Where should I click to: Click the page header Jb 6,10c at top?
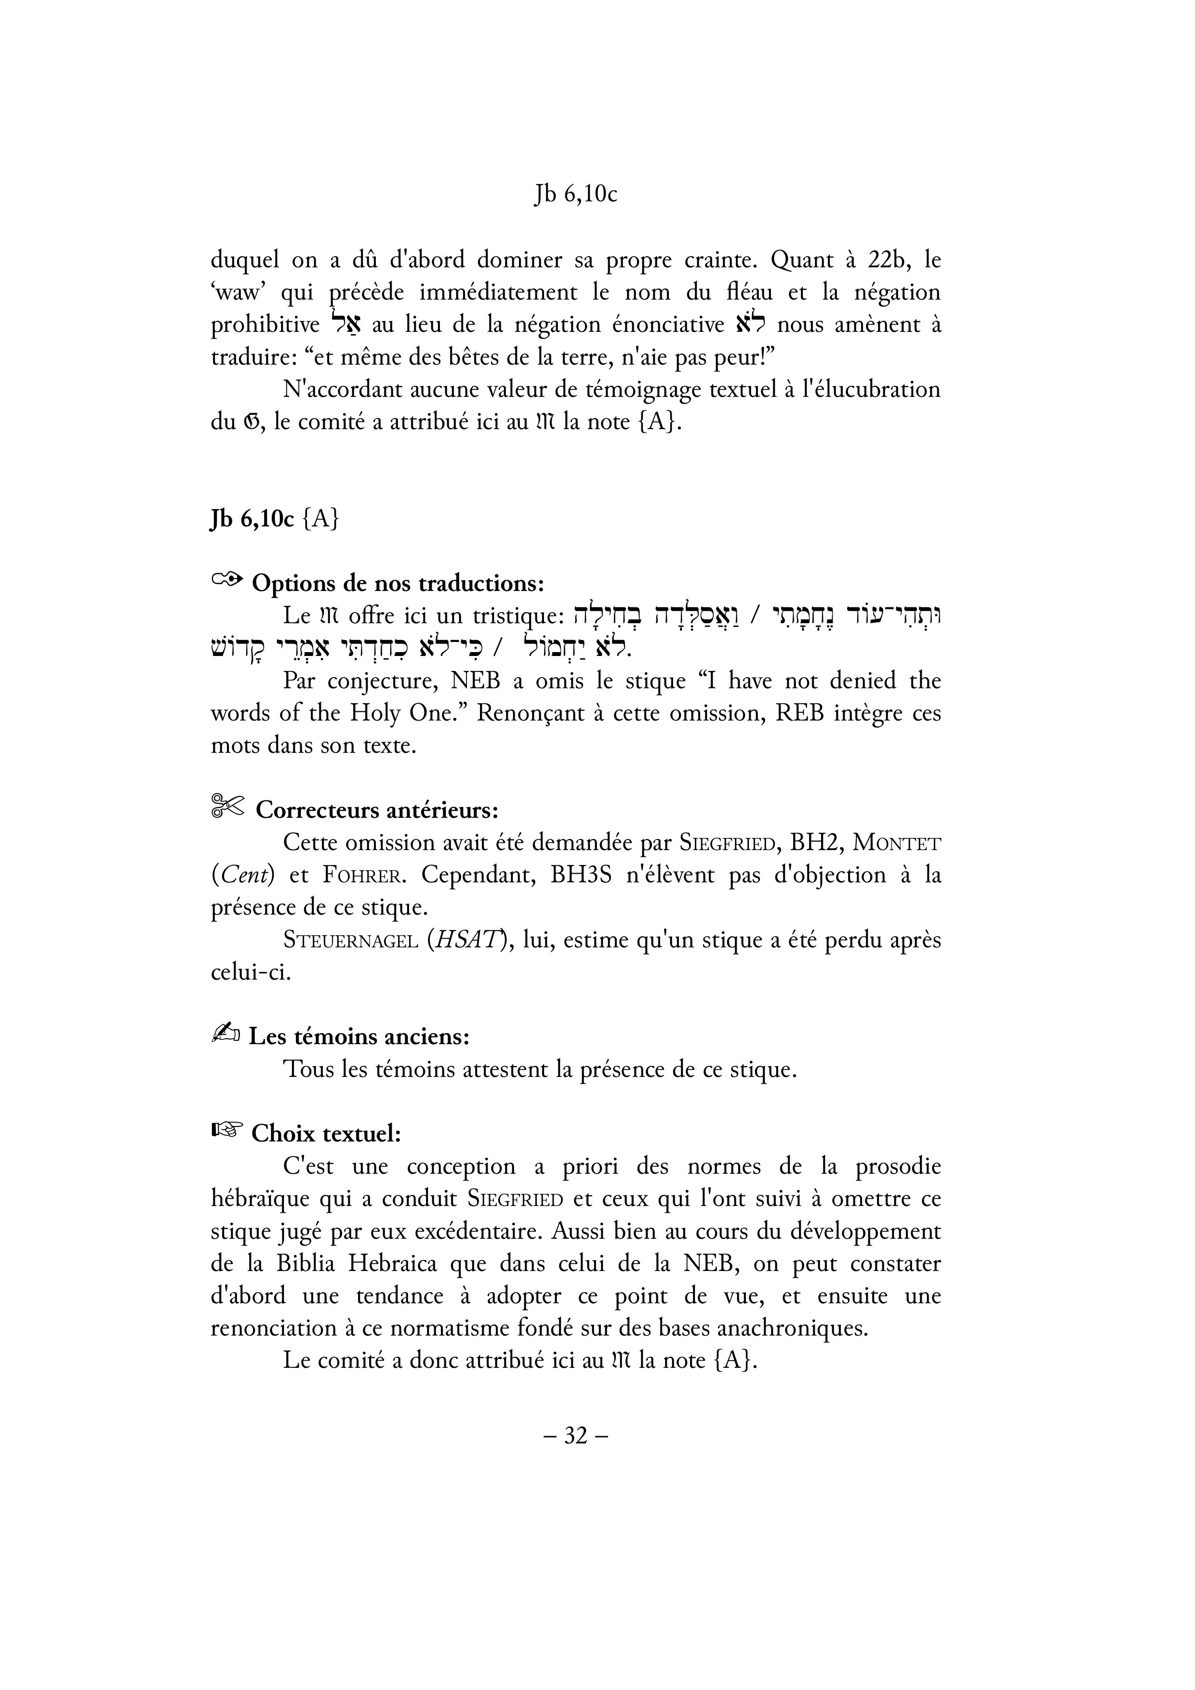575,194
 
